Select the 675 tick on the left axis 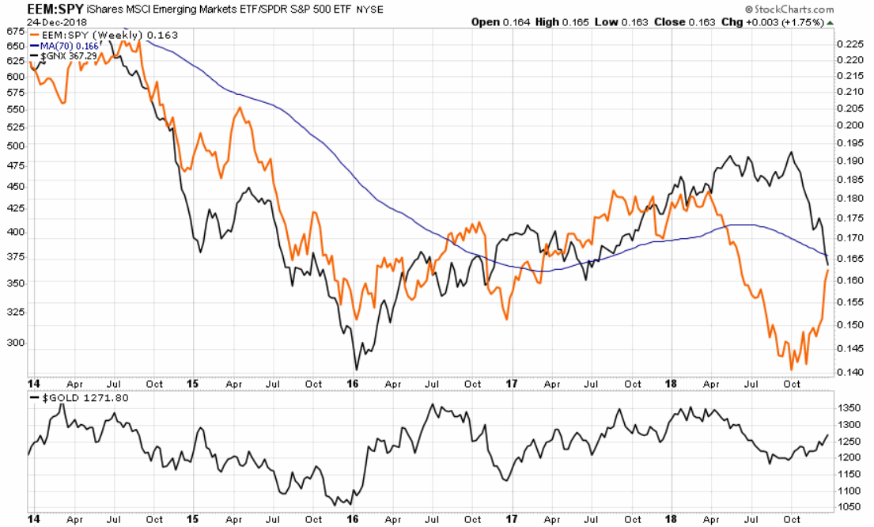(14, 32)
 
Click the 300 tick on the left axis (14, 344)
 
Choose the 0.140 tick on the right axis (850, 372)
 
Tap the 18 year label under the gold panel (671, 520)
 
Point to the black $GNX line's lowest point (357, 369)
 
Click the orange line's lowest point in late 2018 (792, 370)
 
